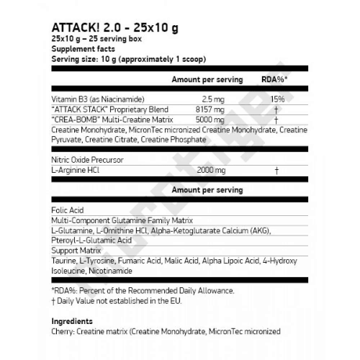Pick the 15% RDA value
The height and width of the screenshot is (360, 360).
tap(276, 98)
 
